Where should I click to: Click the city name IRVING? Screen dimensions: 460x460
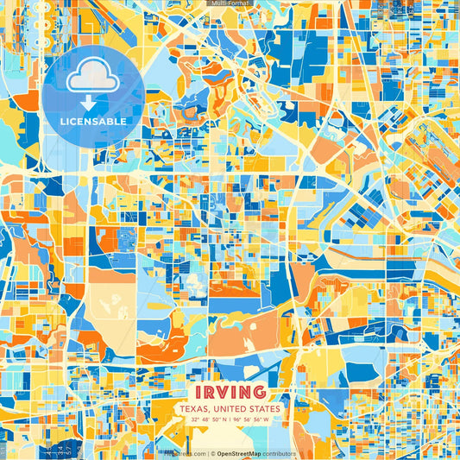pyautogui.click(x=230, y=392)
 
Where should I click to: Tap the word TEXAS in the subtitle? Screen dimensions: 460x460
pyautogui.click(x=194, y=408)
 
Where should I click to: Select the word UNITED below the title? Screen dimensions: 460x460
pyautogui.click(x=234, y=408)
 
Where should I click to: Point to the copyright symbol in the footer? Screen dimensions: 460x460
pyautogui.click(x=212, y=453)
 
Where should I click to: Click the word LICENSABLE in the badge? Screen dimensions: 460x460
pyautogui.click(x=93, y=122)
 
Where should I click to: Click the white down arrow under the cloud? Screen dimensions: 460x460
pyautogui.click(x=93, y=102)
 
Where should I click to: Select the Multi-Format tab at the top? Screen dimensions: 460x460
pyautogui.click(x=230, y=3)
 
